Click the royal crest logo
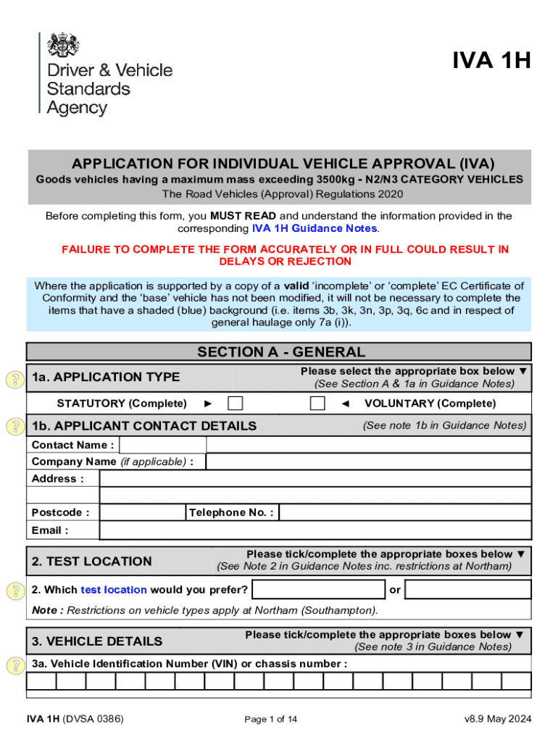coord(63,46)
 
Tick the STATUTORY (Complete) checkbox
coord(236,404)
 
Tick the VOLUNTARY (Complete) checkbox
coord(317,404)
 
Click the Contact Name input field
coord(162,445)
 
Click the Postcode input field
coord(142,512)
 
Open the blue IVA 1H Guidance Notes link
coord(315,228)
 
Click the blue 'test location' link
coord(114,590)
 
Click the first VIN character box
coord(41,681)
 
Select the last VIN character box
coord(517,681)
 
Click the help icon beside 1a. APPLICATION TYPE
coord(14,378)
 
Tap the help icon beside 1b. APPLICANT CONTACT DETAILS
coord(14,426)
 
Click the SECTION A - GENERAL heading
coord(281,352)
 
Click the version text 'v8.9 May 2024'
coord(499,719)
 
